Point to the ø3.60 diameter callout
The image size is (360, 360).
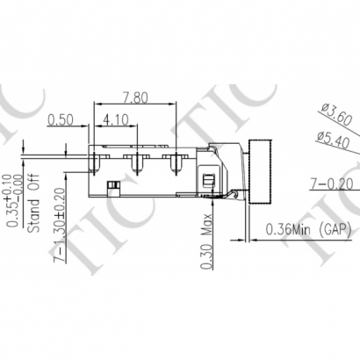click(337, 113)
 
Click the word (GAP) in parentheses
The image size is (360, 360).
click(338, 230)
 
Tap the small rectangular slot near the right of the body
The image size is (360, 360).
click(207, 179)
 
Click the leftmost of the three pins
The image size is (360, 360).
click(95, 161)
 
